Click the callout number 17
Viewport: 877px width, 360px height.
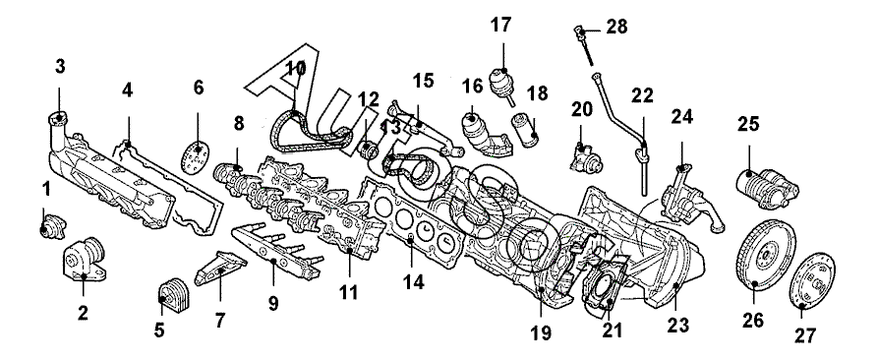501,26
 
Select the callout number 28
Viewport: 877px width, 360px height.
616,27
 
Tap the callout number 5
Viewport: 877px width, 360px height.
159,330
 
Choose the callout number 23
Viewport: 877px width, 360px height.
677,325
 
